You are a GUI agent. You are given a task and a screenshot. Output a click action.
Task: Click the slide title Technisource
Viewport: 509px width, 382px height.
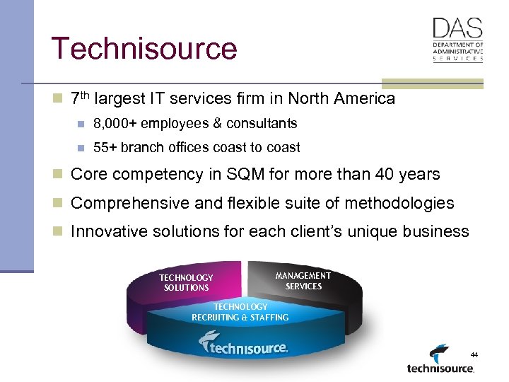pyautogui.click(x=144, y=48)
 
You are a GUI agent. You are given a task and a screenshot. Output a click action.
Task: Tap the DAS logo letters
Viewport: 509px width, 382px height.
pyautogui.click(x=457, y=28)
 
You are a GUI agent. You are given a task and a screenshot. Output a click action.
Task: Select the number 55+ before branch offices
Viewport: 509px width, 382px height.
pyautogui.click(x=107, y=148)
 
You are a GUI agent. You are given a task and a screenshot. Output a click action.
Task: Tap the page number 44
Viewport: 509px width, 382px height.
pyautogui.click(x=474, y=353)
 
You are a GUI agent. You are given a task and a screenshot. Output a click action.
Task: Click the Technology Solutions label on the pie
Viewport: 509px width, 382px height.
pyautogui.click(x=186, y=283)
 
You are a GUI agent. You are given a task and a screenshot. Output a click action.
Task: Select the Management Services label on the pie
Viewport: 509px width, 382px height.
pyautogui.click(x=303, y=281)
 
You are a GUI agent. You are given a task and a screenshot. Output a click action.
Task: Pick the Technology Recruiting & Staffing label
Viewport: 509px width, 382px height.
pyautogui.click(x=240, y=312)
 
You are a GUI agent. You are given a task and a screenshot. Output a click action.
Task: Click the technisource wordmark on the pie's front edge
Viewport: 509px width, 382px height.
pyautogui.click(x=244, y=346)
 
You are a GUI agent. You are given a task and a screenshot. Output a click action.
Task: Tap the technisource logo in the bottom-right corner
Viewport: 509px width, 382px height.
pyautogui.click(x=440, y=360)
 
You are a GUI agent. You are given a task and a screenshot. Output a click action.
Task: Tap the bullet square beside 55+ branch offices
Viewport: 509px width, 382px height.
pyautogui.click(x=81, y=148)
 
